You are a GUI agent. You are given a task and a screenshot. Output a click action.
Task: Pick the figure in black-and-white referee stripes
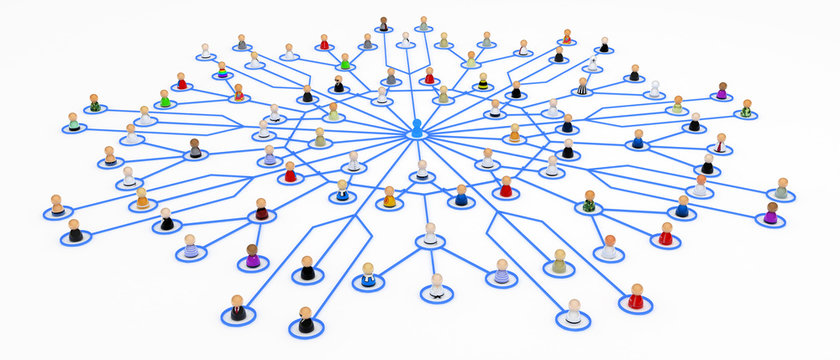[582, 87]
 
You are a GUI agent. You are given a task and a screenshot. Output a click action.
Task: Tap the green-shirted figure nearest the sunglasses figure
[166, 99]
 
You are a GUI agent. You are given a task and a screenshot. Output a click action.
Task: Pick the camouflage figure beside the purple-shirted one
[746, 108]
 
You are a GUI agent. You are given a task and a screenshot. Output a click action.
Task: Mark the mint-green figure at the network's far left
[73, 123]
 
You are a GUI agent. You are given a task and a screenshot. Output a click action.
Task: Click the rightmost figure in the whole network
[782, 189]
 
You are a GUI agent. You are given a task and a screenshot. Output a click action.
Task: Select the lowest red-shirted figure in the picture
[636, 297]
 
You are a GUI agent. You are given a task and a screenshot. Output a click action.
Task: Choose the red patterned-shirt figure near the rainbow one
[238, 93]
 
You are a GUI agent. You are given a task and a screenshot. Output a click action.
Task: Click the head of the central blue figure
[417, 124]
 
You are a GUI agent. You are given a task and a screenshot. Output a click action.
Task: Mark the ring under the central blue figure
[417, 139]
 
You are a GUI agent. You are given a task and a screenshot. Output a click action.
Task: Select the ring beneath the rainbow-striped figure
[222, 76]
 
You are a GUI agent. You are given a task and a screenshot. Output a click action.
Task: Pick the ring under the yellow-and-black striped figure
[483, 89]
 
